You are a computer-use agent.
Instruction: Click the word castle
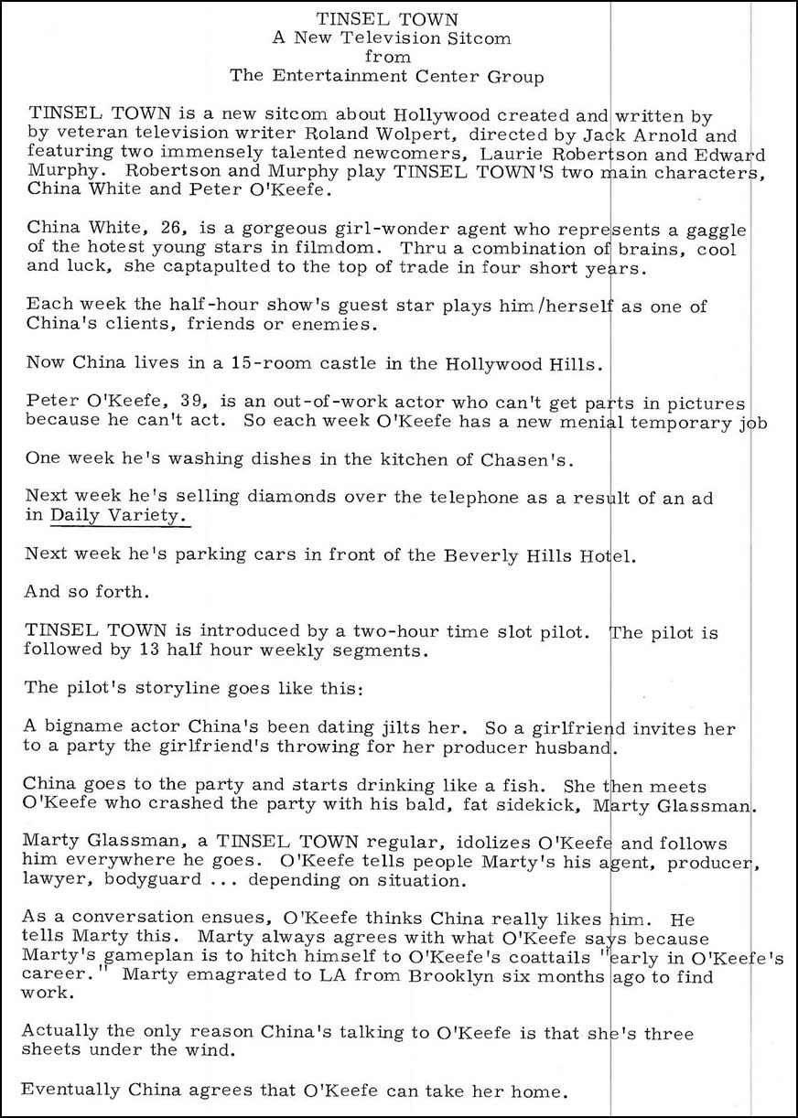tap(298, 363)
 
